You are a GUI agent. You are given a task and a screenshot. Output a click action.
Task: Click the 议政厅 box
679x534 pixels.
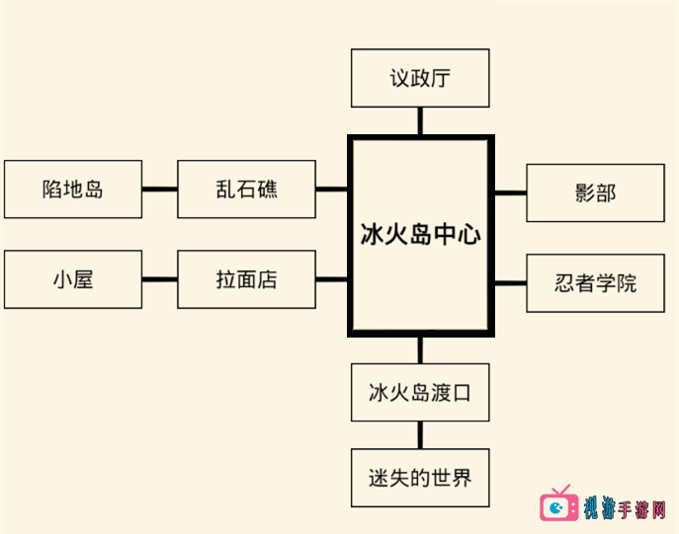(x=420, y=78)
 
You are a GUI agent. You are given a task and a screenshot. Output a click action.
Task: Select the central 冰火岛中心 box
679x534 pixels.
(x=420, y=236)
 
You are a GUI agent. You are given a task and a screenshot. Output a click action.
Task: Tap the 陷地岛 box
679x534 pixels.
(x=73, y=189)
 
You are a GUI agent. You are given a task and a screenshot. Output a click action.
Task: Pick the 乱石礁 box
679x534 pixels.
(x=246, y=189)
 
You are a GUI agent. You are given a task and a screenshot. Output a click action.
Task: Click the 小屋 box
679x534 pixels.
(x=73, y=279)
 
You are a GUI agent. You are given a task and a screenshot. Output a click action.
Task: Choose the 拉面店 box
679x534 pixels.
(x=246, y=279)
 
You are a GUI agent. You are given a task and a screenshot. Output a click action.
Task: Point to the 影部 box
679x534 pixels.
(x=594, y=192)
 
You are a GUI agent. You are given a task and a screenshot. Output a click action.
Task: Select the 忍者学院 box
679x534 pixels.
(x=594, y=283)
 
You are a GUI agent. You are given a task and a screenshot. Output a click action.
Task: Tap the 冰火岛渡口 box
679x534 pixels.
(x=420, y=392)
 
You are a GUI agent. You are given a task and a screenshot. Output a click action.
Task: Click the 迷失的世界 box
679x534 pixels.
(x=420, y=479)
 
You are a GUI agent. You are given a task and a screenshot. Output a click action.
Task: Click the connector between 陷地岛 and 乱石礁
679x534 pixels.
(x=159, y=189)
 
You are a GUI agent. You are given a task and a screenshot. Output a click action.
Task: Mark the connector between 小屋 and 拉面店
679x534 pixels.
(x=159, y=279)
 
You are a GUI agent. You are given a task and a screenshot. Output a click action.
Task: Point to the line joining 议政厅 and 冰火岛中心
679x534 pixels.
(x=420, y=121)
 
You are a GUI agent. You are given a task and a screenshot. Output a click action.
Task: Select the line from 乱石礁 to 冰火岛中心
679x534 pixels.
(x=332, y=189)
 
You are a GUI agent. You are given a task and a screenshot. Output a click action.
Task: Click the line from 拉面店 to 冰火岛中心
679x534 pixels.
(x=332, y=279)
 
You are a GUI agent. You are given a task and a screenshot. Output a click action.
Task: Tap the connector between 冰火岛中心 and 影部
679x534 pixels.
(x=509, y=192)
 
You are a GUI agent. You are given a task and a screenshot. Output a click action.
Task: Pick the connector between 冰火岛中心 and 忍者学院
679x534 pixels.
(x=509, y=283)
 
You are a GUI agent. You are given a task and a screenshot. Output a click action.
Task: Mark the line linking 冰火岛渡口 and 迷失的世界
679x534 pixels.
(x=420, y=435)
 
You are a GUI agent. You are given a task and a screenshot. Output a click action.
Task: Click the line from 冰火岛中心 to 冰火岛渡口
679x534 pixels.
(x=420, y=349)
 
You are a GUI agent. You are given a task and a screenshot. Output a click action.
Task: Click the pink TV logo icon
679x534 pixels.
(x=559, y=505)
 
